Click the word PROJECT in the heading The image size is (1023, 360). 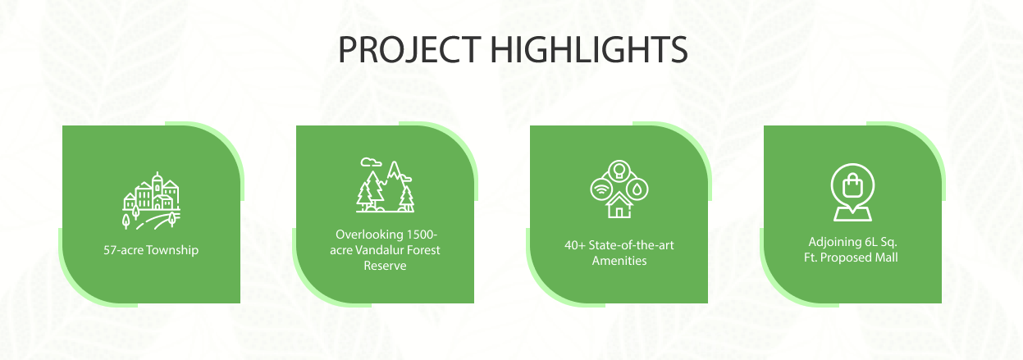(409, 50)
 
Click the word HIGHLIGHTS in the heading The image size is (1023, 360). (589, 50)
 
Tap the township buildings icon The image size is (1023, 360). (151, 200)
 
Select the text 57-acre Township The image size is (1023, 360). (151, 250)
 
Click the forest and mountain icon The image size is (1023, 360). (385, 185)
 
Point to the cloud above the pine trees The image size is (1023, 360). (370, 162)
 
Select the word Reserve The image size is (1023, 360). (385, 266)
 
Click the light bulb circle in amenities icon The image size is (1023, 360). (619, 171)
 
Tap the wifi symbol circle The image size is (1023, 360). (601, 189)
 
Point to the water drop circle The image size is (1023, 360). (637, 189)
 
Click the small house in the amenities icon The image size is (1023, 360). (619, 205)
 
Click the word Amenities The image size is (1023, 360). (619, 261)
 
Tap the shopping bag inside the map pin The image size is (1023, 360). (852, 185)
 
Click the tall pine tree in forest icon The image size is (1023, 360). (374, 189)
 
